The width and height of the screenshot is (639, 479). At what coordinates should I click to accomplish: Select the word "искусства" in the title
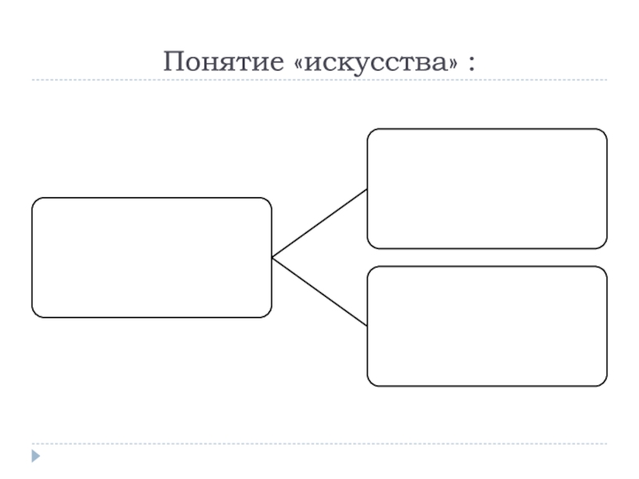point(377,61)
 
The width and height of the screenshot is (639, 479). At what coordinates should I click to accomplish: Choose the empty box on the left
point(152,257)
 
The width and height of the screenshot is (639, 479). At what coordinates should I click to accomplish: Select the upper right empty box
point(486,188)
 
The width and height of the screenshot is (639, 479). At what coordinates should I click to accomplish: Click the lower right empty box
point(486,327)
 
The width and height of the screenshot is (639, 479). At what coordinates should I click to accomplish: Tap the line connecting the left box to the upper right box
point(319,224)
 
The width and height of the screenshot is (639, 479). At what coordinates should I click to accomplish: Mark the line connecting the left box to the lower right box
point(319,291)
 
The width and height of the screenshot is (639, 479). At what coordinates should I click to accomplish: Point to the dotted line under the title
point(319,81)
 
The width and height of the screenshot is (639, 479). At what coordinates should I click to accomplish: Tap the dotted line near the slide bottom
point(319,444)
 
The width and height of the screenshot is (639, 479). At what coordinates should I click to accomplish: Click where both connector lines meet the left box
point(272,257)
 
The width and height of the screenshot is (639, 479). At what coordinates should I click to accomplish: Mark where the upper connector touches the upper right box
point(367,189)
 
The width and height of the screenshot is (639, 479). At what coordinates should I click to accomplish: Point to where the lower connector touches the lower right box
point(367,326)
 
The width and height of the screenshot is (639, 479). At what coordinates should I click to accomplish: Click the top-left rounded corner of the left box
point(36,202)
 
